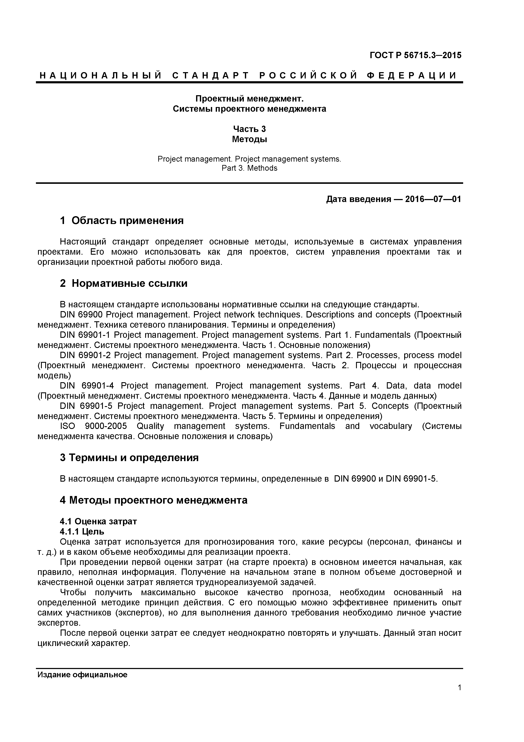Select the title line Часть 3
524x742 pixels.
pos(249,129)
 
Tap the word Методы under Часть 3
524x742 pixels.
pos(249,139)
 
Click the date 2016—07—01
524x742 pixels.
pos(433,199)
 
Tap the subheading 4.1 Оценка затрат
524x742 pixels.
pos(98,521)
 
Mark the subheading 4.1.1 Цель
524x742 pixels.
pos(82,531)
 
